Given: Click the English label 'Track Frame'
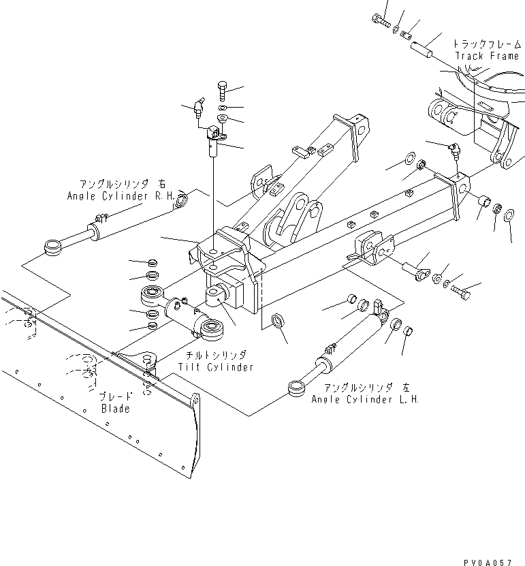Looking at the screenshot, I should (487, 56).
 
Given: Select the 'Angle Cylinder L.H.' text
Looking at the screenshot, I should (365, 399).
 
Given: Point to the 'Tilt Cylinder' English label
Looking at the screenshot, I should (215, 367).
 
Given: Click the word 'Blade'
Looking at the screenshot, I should (115, 409).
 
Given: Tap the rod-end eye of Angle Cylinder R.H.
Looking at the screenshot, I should (52, 247).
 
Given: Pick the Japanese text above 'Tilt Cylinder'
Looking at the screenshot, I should (215, 356).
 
